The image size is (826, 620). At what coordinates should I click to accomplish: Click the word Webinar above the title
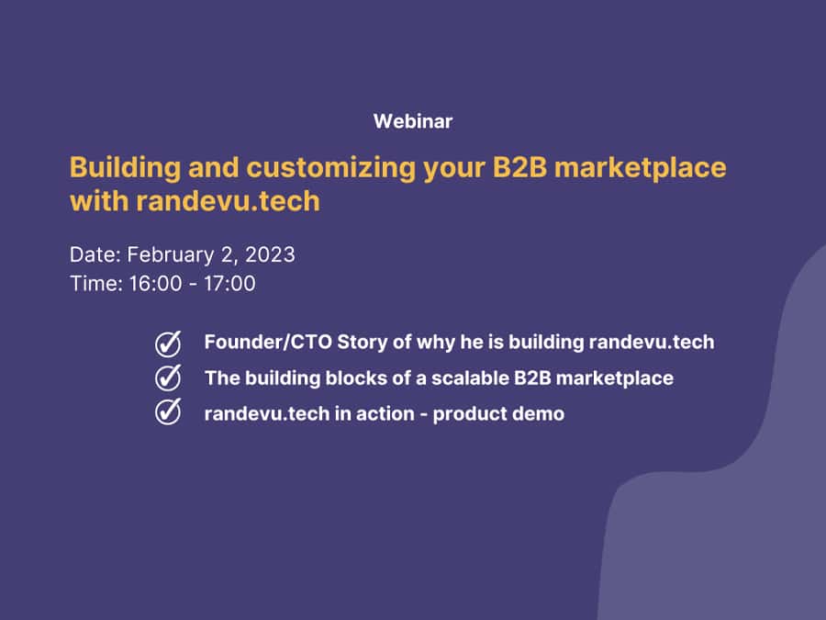pyautogui.click(x=413, y=121)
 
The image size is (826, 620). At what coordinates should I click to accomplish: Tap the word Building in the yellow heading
pyautogui.click(x=126, y=168)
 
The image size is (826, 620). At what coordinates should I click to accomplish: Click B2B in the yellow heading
pyautogui.click(x=519, y=167)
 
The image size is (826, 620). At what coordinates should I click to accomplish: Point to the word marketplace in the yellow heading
pyautogui.click(x=641, y=168)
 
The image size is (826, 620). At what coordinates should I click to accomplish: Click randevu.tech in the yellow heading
pyautogui.click(x=229, y=201)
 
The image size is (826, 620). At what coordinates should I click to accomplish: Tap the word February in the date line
pyautogui.click(x=171, y=255)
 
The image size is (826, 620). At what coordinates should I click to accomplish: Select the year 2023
pyautogui.click(x=270, y=254)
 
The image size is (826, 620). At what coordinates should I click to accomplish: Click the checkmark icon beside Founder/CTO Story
pyautogui.click(x=168, y=344)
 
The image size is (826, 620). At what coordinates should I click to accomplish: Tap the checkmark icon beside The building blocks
pyautogui.click(x=168, y=378)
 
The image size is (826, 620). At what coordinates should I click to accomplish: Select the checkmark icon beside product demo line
pyautogui.click(x=168, y=411)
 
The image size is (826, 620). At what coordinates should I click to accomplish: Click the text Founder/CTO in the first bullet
pyautogui.click(x=268, y=342)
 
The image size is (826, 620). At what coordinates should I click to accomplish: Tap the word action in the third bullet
pyautogui.click(x=385, y=414)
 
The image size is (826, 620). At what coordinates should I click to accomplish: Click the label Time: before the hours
pyautogui.click(x=96, y=284)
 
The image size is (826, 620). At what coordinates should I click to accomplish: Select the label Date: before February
pyautogui.click(x=95, y=254)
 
